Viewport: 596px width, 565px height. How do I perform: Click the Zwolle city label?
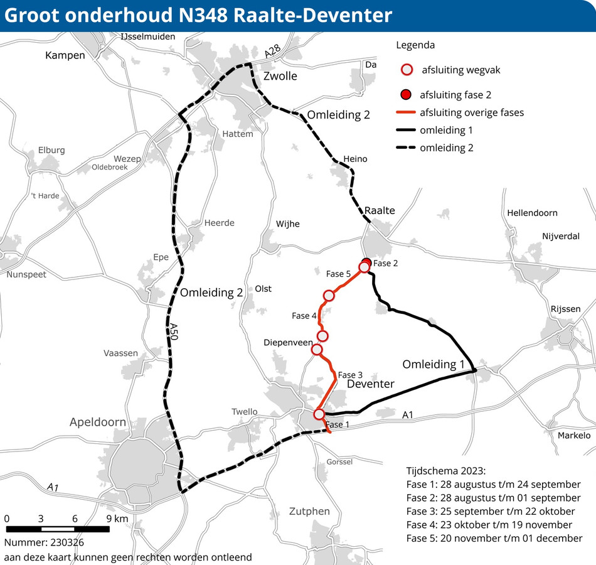click(x=280, y=77)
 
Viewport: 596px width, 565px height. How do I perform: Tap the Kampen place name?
click(x=65, y=56)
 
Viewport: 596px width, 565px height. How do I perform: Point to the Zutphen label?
click(x=309, y=511)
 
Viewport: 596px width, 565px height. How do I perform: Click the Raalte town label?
click(x=380, y=210)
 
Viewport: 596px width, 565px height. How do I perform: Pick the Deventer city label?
click(x=371, y=384)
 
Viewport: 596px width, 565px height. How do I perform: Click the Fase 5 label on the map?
click(x=338, y=274)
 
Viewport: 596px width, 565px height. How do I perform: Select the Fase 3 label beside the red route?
click(x=351, y=375)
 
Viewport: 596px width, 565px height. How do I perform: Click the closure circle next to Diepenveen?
click(x=317, y=349)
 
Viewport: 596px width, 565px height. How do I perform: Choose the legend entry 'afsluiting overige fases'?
click(x=471, y=113)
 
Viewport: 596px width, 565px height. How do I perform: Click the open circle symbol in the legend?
click(x=407, y=70)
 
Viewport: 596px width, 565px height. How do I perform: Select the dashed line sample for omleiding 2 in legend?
click(x=407, y=148)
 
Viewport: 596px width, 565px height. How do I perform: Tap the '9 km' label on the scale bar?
click(x=117, y=519)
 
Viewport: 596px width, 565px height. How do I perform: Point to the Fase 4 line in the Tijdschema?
click(x=489, y=525)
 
